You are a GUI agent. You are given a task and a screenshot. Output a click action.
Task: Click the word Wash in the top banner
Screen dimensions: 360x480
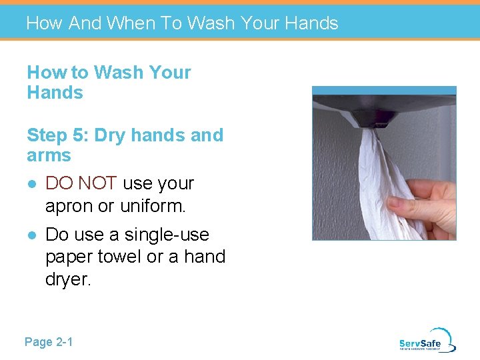(211, 23)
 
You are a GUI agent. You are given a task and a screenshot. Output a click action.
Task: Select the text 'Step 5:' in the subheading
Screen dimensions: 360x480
(58, 135)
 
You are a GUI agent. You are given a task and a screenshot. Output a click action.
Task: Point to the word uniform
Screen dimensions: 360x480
(153, 207)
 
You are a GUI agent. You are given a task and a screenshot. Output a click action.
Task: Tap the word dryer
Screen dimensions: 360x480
(67, 280)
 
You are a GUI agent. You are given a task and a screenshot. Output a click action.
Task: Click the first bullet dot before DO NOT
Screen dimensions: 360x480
(31, 184)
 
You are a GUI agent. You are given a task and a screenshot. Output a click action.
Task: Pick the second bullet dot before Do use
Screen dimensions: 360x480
(31, 235)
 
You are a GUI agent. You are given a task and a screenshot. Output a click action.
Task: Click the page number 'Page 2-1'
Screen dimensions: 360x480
(49, 342)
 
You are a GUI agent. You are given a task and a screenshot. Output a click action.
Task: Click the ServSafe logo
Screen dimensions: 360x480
(427, 340)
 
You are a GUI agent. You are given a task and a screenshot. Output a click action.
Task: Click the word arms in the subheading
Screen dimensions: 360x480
(49, 155)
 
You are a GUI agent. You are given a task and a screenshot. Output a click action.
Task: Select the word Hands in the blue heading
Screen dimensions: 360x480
(55, 93)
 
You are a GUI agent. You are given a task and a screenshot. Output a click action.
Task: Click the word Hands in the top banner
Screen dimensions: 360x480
(311, 23)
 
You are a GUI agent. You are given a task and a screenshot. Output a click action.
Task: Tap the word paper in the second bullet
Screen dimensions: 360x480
(68, 257)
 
